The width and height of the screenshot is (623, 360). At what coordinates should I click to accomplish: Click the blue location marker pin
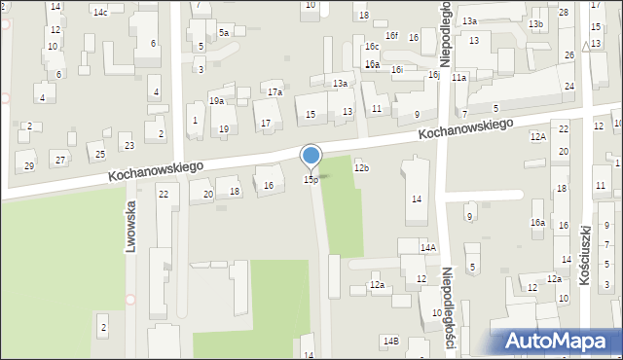(311, 156)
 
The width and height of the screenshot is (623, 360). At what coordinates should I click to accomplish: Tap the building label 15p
(311, 179)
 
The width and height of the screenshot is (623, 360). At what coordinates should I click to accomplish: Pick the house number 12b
(361, 168)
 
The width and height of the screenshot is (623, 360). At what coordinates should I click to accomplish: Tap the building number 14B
(390, 341)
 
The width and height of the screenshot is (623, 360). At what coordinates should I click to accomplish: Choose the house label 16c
(372, 46)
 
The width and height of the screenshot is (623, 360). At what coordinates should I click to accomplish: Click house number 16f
(391, 36)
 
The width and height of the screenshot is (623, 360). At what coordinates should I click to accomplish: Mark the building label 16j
(433, 75)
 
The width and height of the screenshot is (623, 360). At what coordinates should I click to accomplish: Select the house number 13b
(535, 23)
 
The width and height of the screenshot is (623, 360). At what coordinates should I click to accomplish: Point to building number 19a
(216, 100)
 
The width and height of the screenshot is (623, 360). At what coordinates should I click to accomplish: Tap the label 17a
(275, 92)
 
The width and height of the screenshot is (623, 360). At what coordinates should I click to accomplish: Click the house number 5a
(223, 33)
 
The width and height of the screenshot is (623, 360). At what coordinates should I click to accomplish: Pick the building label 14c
(100, 13)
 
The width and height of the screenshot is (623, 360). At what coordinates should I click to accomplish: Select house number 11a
(458, 77)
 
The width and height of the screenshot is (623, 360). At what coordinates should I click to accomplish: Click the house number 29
(29, 166)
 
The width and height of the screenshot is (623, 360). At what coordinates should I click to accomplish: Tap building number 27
(60, 160)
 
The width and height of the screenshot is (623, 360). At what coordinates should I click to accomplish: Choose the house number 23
(129, 146)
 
